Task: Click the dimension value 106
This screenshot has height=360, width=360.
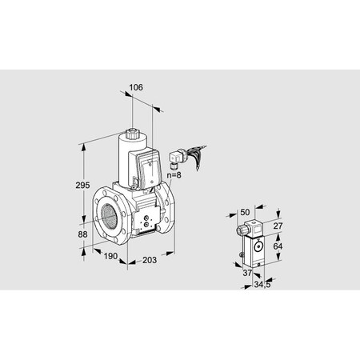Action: [137, 88]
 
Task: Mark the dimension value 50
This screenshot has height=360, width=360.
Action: [246, 212]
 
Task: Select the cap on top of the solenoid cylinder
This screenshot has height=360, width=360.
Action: [135, 129]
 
